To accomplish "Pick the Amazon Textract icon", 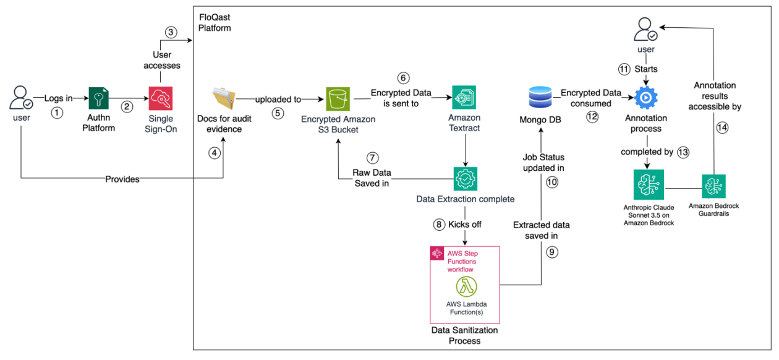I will tap(464, 98).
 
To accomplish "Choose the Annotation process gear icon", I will tap(647, 98).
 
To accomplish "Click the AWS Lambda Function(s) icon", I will tap(467, 287).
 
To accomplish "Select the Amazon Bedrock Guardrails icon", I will tap(713, 186).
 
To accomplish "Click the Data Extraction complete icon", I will tap(464, 179).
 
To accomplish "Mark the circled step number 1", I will tap(57, 113).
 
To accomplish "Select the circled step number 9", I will tap(551, 252).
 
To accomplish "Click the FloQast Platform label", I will tap(215, 22).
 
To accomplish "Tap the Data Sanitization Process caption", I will tap(465, 335).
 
